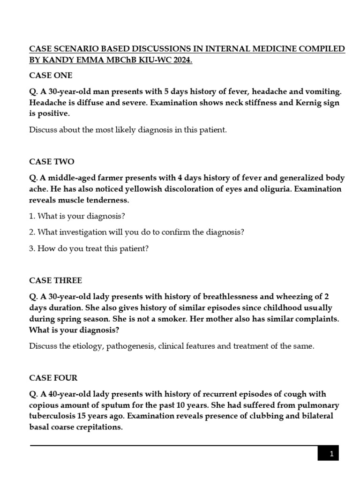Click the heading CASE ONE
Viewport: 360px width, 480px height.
(51, 75)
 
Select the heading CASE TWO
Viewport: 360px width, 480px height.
(52, 162)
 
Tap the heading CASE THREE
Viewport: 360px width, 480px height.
(55, 280)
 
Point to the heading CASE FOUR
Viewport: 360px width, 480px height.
(53, 378)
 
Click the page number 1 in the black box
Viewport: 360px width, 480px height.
(331, 454)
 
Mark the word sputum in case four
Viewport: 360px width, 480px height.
(149, 405)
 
